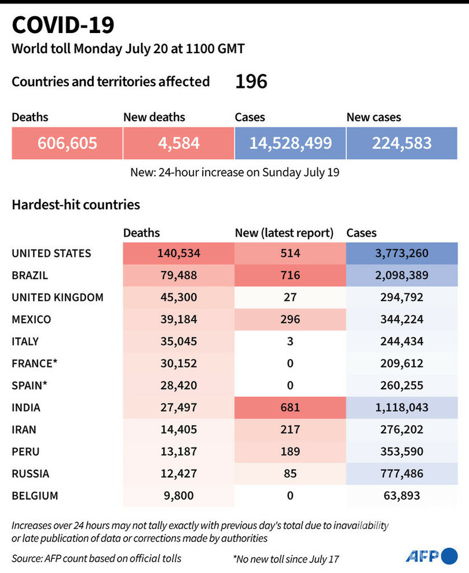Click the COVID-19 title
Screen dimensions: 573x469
(63, 25)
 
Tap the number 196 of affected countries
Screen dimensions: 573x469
(251, 82)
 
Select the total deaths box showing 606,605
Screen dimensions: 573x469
(67, 143)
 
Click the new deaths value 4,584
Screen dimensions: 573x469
(178, 143)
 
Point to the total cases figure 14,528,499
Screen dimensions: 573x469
(290, 143)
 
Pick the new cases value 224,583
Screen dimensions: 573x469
(402, 143)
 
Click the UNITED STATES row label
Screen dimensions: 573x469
(52, 254)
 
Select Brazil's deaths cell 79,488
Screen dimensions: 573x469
(178, 276)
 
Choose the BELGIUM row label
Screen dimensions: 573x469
(35, 495)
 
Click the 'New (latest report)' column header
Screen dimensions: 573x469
(284, 233)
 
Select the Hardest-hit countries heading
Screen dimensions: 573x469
(76, 204)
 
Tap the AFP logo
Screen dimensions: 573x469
(431, 556)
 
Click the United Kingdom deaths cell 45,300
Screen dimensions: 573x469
(178, 297)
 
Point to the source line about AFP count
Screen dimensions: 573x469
(97, 559)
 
